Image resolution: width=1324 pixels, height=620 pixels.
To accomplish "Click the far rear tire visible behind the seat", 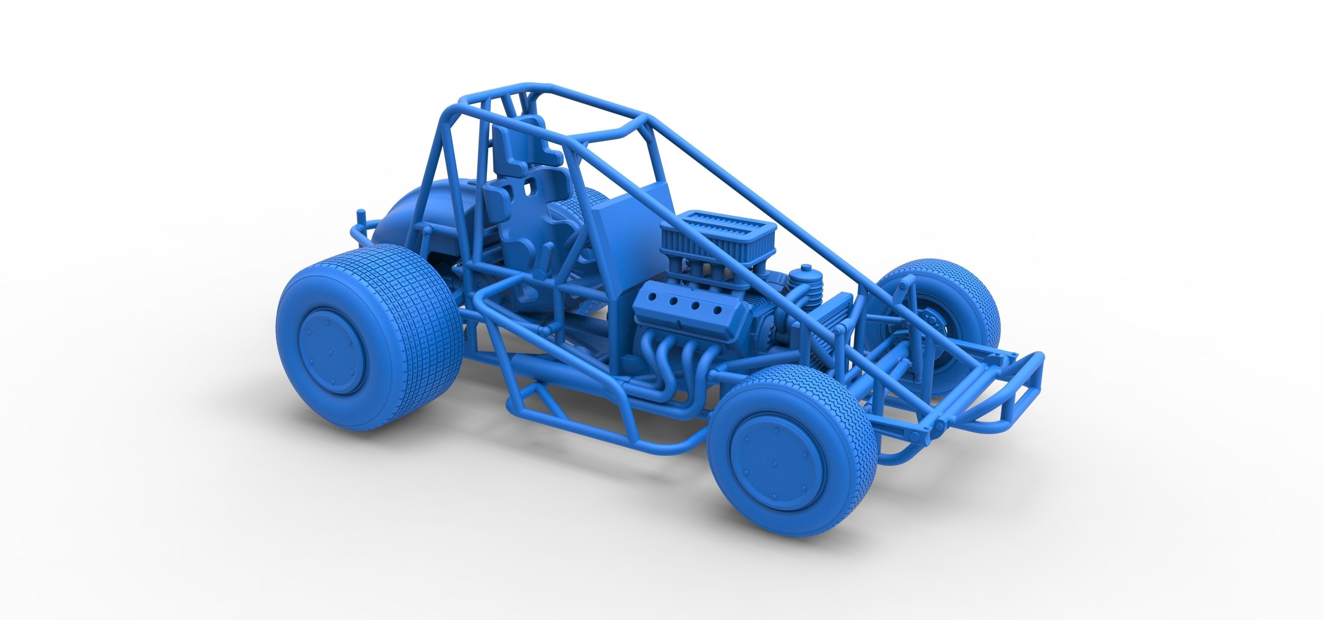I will pos(586,206).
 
